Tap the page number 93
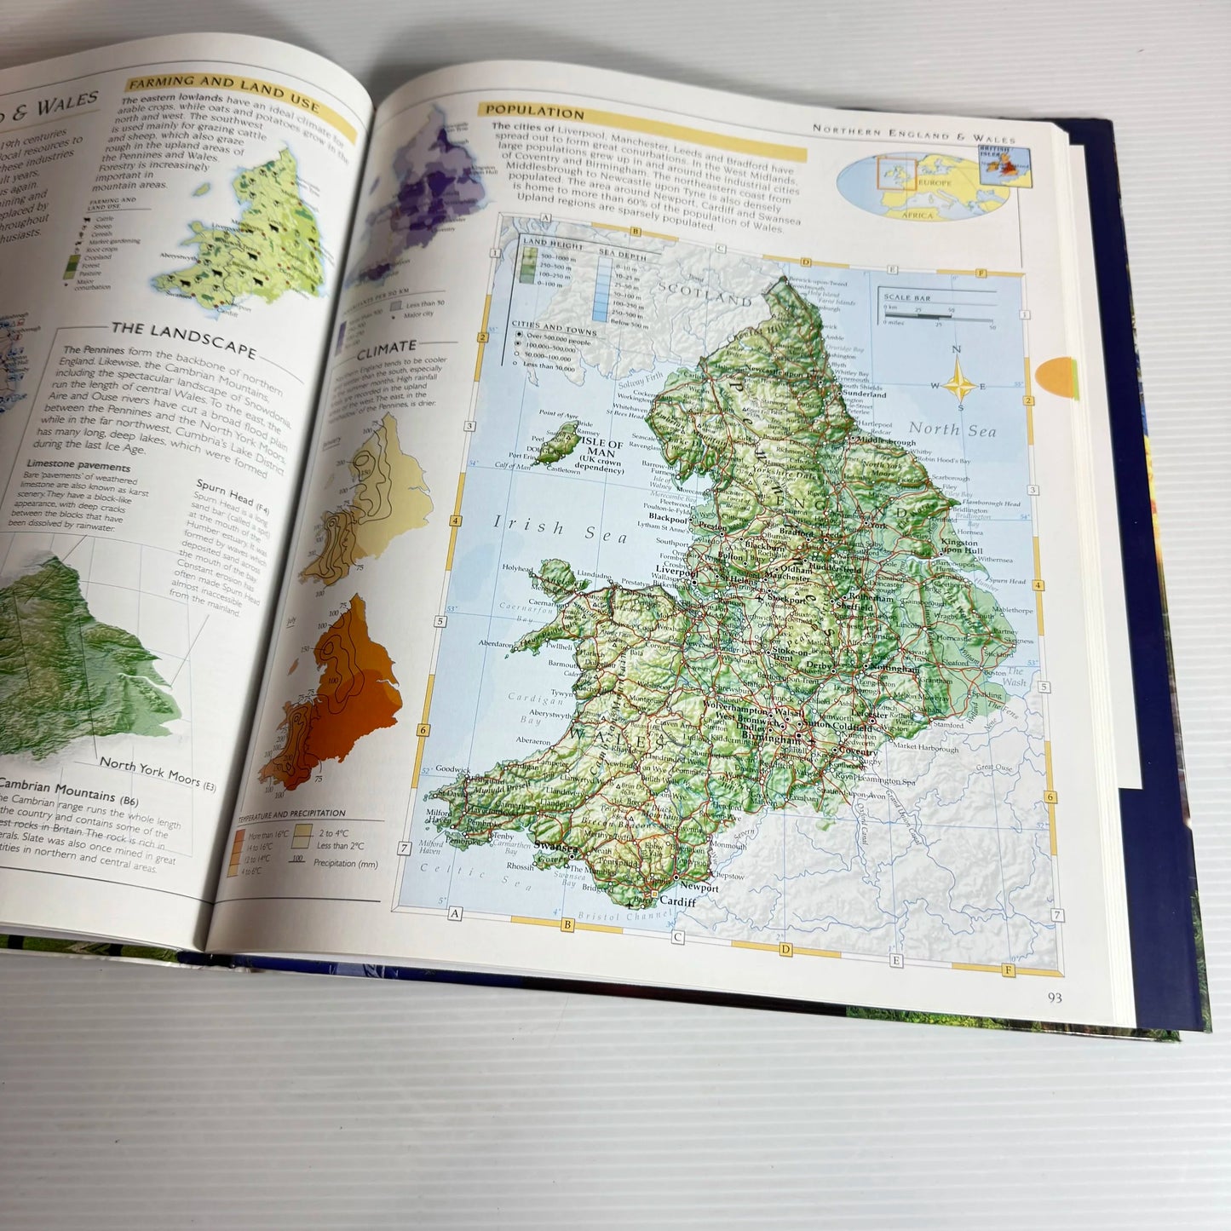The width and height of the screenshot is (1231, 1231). point(1054,998)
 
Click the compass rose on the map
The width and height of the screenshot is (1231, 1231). point(959,380)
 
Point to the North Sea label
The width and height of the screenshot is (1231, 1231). point(952,430)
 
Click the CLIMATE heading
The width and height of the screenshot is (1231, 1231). point(387,349)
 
